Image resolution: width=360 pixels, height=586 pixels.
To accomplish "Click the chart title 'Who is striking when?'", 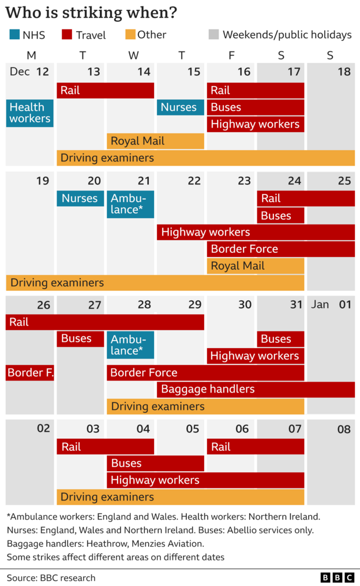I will click(x=91, y=13).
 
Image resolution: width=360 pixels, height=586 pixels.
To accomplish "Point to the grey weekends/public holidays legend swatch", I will click(x=213, y=35).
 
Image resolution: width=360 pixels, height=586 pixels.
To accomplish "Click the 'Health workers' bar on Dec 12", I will click(x=29, y=113).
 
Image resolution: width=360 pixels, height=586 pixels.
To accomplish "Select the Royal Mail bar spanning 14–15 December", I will click(x=155, y=141).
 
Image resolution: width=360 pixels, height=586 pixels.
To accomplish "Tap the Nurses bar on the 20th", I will click(x=80, y=199).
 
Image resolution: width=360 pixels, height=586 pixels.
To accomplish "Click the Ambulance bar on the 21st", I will click(x=130, y=204).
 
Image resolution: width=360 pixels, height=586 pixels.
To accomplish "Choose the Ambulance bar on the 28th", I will click(x=130, y=345).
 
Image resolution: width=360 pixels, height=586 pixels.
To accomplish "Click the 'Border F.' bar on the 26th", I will click(x=30, y=373).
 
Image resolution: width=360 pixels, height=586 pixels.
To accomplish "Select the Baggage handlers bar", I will click(x=256, y=390).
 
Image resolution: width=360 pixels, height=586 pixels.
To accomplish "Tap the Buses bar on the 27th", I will click(x=80, y=339).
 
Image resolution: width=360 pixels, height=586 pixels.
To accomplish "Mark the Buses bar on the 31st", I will click(x=280, y=339).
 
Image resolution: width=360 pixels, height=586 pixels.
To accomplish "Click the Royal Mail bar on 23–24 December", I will click(x=255, y=266).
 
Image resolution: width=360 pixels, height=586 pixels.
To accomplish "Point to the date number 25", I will click(x=344, y=181).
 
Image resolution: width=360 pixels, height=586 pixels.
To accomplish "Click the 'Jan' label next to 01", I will click(x=320, y=304).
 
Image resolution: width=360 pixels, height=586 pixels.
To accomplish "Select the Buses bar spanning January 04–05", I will click(x=155, y=464).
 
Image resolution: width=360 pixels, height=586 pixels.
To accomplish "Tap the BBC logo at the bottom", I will click(x=337, y=577).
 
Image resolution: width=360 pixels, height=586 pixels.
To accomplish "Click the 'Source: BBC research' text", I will click(x=51, y=577).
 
